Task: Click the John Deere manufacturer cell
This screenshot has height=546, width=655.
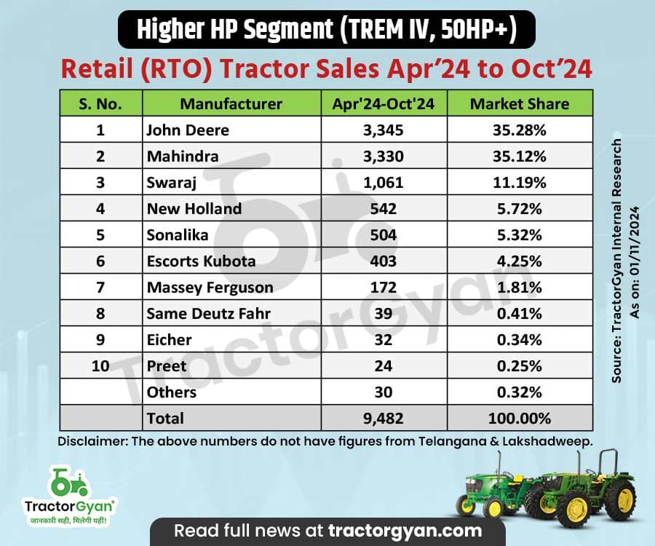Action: pos(188,130)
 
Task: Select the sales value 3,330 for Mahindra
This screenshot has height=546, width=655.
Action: pos(383,157)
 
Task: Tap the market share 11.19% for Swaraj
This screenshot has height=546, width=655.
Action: pos(519,183)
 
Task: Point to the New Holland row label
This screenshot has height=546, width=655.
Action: pos(194,209)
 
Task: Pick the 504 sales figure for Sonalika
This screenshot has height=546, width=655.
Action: pos(383,235)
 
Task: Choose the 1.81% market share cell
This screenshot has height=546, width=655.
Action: pos(519,288)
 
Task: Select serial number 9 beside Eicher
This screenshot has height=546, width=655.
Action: pos(100,340)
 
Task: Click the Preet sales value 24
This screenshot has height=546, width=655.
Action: pos(383,366)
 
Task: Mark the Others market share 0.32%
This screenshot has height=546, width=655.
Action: pos(519,392)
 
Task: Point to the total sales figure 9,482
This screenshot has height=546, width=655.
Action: pos(383,419)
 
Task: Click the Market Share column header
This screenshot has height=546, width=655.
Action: pos(519,103)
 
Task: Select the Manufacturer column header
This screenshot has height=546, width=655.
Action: pos(231,103)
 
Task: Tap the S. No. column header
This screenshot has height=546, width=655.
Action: pos(100,103)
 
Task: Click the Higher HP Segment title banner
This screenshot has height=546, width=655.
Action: pos(327,30)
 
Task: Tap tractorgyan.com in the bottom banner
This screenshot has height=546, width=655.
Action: pos(405,530)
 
